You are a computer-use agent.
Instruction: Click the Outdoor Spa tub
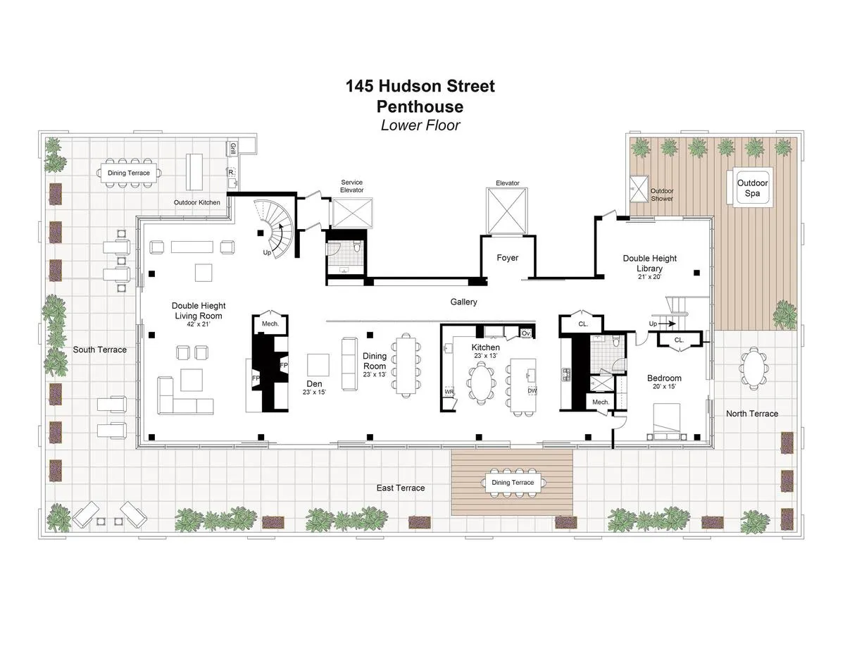click(x=752, y=187)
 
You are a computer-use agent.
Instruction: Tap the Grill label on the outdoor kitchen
click(x=232, y=148)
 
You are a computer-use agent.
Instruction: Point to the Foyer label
click(x=507, y=258)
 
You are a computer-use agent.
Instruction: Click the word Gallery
click(x=464, y=302)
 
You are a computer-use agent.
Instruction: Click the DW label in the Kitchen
click(x=532, y=390)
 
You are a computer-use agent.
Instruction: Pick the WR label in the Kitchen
click(x=449, y=391)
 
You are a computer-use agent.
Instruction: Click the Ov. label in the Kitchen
click(x=525, y=333)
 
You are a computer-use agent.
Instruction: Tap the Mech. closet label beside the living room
click(x=270, y=323)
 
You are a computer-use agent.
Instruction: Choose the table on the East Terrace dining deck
click(x=512, y=483)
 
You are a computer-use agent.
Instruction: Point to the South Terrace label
click(x=100, y=350)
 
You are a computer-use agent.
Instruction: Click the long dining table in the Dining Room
click(x=407, y=366)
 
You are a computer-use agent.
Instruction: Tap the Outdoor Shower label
click(x=662, y=195)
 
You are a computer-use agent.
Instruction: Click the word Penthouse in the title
click(x=420, y=106)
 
